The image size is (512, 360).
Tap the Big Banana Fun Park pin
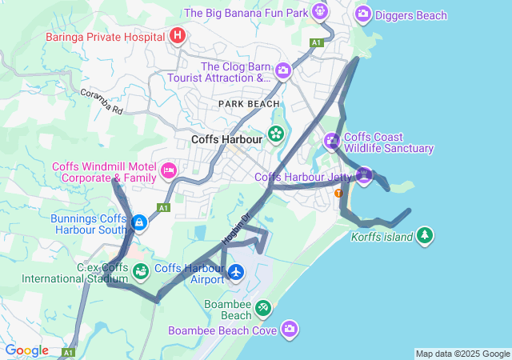click(x=321, y=12)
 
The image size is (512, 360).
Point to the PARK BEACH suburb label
click(x=250, y=104)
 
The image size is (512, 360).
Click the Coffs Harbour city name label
click(x=227, y=139)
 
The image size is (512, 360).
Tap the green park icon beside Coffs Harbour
click(x=276, y=134)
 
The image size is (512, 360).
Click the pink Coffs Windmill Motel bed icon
click(x=169, y=170)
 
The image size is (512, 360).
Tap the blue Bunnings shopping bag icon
click(x=139, y=222)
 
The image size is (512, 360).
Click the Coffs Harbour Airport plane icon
click(x=236, y=273)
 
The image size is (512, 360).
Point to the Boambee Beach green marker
click(x=262, y=308)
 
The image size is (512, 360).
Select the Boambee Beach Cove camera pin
click(x=290, y=329)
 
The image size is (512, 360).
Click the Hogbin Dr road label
click(x=236, y=229)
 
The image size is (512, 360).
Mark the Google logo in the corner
click(x=27, y=350)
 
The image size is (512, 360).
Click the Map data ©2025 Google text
click(x=462, y=354)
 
